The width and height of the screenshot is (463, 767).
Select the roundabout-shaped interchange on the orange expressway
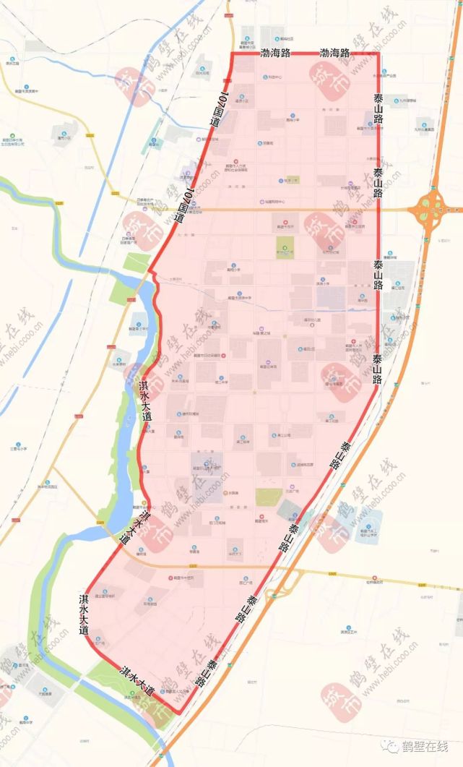pos(431,210)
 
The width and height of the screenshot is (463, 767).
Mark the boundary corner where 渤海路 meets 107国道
pos(231,54)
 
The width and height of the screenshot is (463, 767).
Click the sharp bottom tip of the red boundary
pos(176,714)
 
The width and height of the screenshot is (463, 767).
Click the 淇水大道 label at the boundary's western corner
pos(85,614)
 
